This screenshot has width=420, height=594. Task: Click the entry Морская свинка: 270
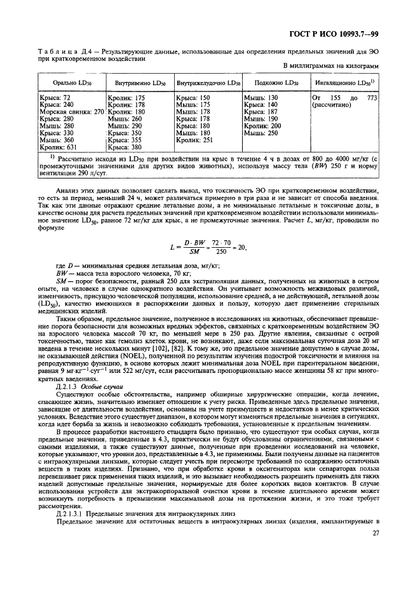tap(72, 112)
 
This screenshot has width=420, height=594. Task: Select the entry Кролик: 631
tap(57, 147)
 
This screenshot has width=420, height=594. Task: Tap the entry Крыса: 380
tap(123, 147)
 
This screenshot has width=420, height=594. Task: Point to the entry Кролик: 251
tap(194, 140)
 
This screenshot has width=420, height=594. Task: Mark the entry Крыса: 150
tap(193, 98)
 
